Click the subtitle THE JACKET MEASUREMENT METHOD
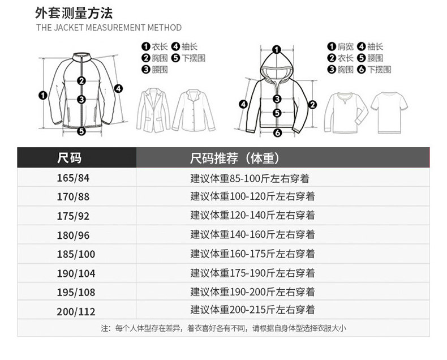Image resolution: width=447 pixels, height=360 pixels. [x=109, y=27]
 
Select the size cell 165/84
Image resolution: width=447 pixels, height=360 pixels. [x=74, y=178]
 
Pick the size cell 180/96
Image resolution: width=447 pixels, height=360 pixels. [x=74, y=234]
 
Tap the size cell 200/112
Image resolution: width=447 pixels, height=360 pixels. [x=76, y=311]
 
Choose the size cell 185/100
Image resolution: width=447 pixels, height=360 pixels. [x=76, y=254]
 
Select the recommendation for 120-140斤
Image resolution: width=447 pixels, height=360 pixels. [x=252, y=215]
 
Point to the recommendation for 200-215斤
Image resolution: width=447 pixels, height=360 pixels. [x=252, y=310]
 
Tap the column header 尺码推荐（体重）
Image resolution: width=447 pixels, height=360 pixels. [x=235, y=157]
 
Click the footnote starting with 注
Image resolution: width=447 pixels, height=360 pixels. [x=223, y=328]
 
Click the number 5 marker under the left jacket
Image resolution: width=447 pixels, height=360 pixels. [x=81, y=131]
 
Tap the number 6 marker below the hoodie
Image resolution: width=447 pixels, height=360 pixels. [x=277, y=133]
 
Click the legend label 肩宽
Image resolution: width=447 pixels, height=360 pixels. [x=346, y=47]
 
